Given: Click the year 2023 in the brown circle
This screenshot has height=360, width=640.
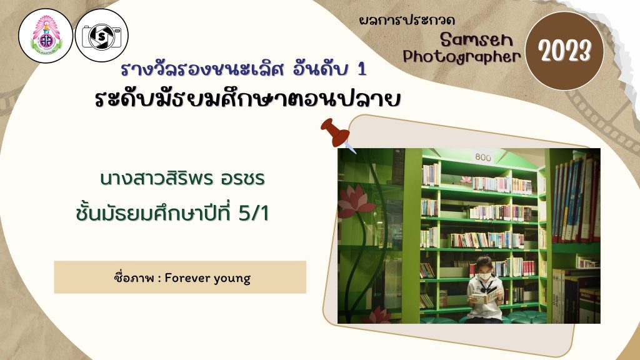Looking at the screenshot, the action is point(564,51).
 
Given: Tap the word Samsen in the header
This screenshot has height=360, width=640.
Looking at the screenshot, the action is point(476,39).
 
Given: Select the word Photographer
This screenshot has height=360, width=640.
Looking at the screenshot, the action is point(462,57).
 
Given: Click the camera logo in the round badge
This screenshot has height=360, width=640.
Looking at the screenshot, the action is point(102,36).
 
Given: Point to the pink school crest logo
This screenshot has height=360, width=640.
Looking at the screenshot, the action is point(46,36).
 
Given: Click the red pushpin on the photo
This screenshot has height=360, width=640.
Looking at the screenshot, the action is point(336,132).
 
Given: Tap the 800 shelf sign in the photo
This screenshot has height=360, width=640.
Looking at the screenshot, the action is point(482,157).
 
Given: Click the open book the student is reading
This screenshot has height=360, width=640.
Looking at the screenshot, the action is point(485,296).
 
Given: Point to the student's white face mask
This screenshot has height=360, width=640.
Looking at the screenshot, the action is point(484,276).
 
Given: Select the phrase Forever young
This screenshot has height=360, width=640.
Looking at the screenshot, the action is point(207,278).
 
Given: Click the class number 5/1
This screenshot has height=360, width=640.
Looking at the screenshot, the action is point(254,214).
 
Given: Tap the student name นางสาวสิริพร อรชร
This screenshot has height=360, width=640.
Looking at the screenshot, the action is point(182,178).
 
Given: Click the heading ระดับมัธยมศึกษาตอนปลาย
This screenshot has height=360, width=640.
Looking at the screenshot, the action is point(247,99).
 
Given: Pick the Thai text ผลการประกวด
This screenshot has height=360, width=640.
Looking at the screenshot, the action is point(407,21).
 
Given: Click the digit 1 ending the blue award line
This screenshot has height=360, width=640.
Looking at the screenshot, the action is point(362,69).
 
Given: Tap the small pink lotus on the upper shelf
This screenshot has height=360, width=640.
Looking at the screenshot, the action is point(465,179).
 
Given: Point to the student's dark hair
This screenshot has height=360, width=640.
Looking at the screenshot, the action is point(484,263).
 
